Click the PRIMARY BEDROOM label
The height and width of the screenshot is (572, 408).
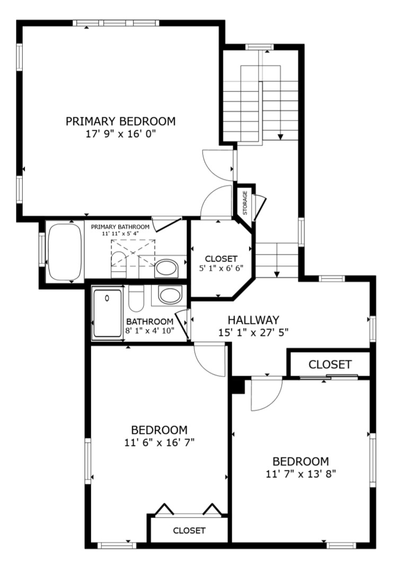[x=120, y=121]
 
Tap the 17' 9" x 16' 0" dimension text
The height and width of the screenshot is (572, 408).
[x=120, y=134]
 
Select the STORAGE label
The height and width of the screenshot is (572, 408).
[x=245, y=203]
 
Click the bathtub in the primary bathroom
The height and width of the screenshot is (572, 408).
[x=65, y=253]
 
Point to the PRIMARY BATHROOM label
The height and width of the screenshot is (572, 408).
[x=120, y=227]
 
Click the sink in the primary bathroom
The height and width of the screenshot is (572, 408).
[x=166, y=269]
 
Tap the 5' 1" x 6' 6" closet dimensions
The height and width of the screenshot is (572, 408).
[x=221, y=267]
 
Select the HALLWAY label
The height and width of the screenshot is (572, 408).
[x=253, y=320]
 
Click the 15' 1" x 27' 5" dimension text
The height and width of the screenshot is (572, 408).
[x=253, y=333]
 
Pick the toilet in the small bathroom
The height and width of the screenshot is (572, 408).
[x=136, y=298]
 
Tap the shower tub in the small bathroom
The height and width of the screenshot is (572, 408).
[x=107, y=314]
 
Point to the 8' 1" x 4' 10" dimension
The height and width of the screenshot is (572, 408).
[x=150, y=330]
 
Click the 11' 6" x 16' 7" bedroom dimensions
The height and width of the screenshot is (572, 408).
[x=159, y=442]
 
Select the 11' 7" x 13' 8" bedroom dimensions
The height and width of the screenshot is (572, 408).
[x=301, y=474]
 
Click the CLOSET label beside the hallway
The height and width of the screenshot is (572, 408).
[x=330, y=364]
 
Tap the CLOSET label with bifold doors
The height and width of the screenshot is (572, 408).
[x=189, y=530]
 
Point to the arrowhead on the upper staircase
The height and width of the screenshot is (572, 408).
[x=280, y=137]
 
